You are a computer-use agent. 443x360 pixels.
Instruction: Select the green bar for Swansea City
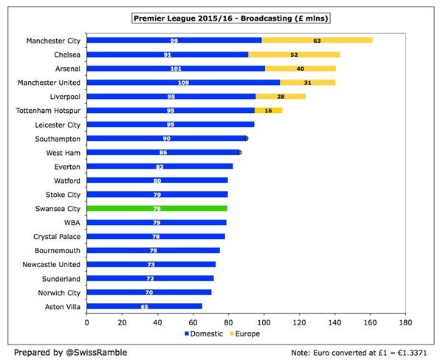[x=157, y=209]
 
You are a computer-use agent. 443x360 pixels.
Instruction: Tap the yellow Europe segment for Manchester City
[x=317, y=41]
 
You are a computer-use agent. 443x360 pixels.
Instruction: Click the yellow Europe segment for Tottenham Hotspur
[x=268, y=111]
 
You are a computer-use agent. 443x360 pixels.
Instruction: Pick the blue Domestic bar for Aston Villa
[x=144, y=306]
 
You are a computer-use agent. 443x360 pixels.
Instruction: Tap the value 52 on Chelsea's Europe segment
[x=295, y=55]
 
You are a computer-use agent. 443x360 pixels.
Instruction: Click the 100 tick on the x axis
[x=264, y=322]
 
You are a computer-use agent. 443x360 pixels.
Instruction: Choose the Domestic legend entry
[x=205, y=333]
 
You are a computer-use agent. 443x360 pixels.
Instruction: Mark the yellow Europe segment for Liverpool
[x=281, y=97]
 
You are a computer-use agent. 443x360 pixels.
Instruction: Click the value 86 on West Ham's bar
[x=163, y=153]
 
